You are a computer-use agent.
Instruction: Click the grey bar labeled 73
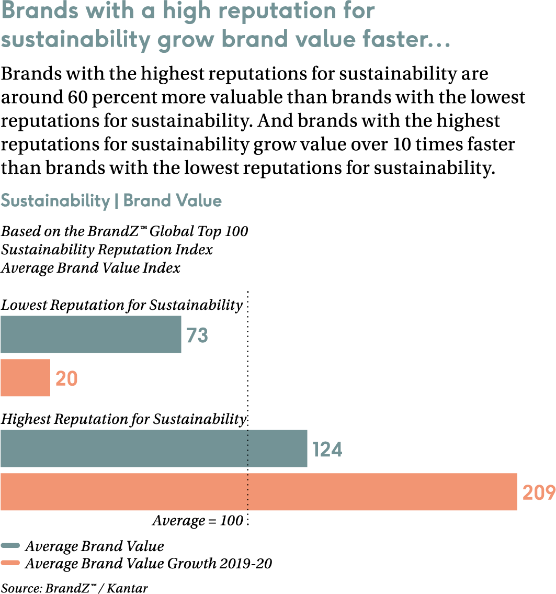[x=90, y=334]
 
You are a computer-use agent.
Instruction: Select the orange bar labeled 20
[x=25, y=378]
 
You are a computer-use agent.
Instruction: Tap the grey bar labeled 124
[x=154, y=449]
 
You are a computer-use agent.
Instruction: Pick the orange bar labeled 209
[x=258, y=492]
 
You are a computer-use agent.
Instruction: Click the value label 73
[x=198, y=335]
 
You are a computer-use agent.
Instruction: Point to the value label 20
[x=66, y=379]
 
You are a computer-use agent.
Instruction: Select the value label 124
[x=327, y=450]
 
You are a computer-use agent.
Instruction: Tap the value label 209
[x=538, y=493]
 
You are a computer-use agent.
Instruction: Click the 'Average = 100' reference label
[x=198, y=521]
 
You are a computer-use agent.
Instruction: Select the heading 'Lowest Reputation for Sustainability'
[x=121, y=305]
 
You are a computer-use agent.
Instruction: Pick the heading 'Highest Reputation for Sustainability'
[x=123, y=419]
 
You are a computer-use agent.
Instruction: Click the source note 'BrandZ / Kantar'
[x=74, y=588]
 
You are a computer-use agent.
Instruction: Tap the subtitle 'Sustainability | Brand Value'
[x=111, y=201]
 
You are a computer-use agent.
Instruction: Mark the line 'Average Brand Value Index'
[x=90, y=268]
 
